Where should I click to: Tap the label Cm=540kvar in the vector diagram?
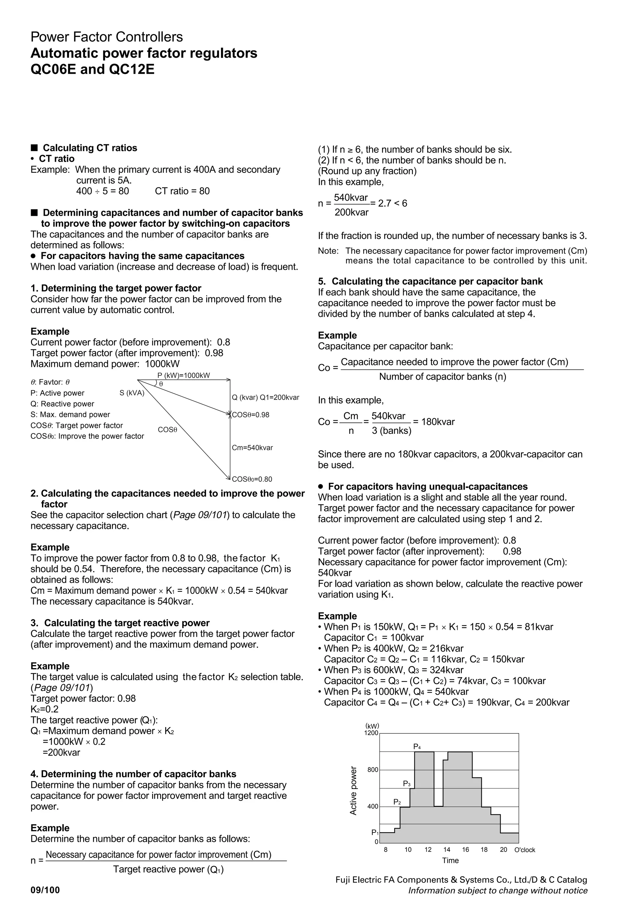coord(252,448)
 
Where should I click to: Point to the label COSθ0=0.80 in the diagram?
coord(252,479)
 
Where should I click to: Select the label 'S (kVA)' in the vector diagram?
coord(132,393)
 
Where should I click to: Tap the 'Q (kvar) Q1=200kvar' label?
coord(266,397)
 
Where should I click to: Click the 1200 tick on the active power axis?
coord(371,733)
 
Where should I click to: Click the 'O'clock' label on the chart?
coord(524,850)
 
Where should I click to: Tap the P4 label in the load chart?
coord(417,747)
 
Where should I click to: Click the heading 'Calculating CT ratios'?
coord(90,148)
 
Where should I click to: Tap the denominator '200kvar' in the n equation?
coord(351,213)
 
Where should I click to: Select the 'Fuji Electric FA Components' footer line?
coord(461,880)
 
